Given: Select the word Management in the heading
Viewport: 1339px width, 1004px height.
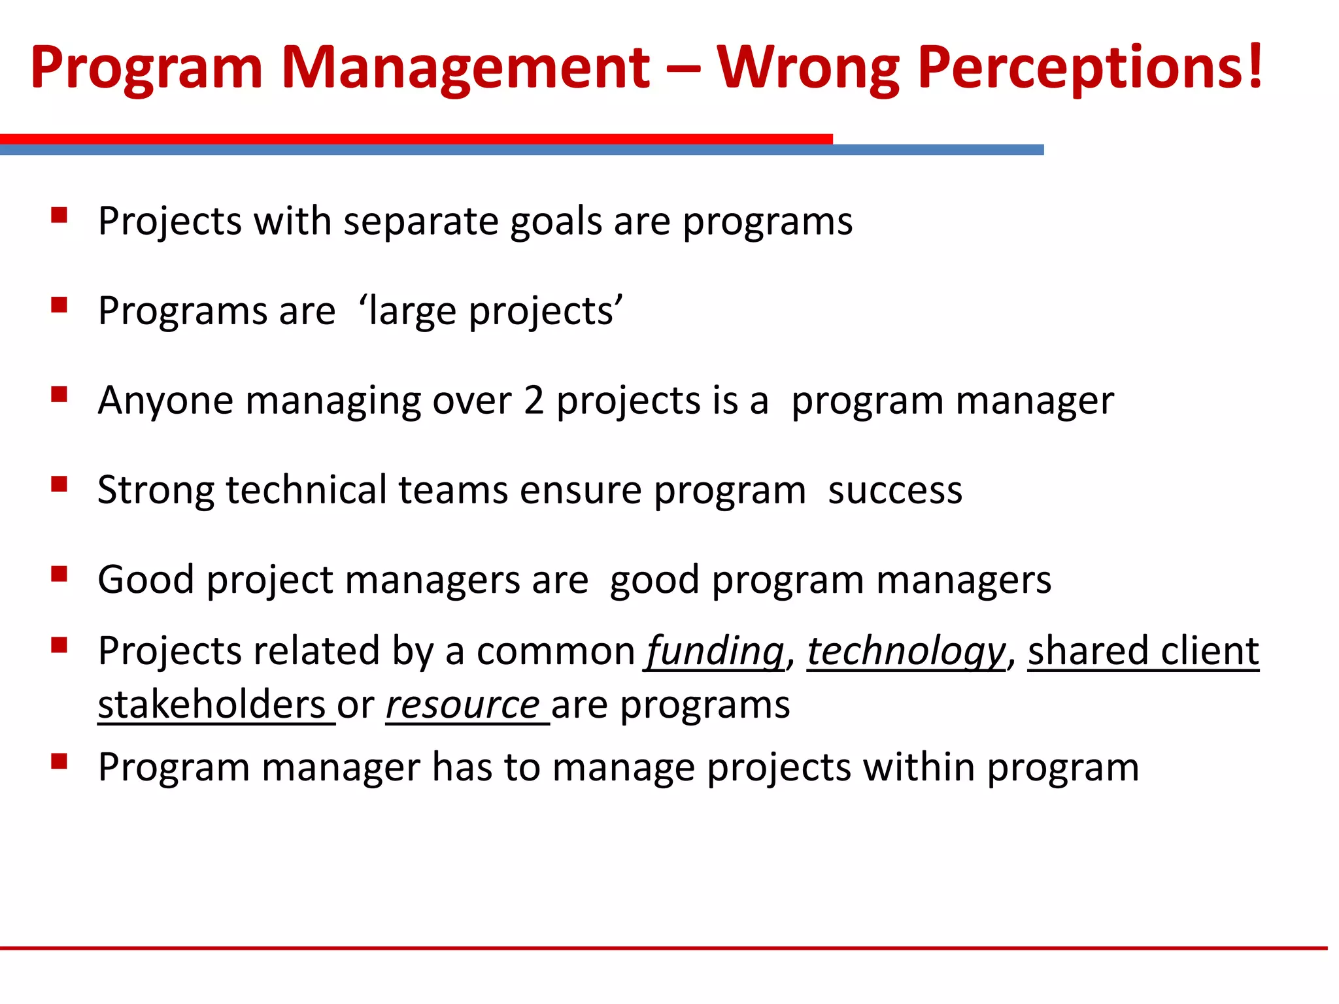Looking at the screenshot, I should coord(465,68).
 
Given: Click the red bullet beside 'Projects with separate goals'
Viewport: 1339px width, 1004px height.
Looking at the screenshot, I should coord(59,216).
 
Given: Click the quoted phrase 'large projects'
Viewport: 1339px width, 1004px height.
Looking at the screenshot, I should coord(491,310).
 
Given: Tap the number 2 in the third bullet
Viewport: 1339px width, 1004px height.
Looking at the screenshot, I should coord(534,400).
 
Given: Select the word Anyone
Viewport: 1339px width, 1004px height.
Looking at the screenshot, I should coord(165,400).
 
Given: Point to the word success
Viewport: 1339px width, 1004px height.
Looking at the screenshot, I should coord(895,491).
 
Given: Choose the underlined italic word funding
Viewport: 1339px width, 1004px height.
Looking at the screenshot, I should coord(715,652).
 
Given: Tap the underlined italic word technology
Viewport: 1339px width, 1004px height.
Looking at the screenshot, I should coord(906,652).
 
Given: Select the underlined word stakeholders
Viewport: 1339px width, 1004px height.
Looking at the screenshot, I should coord(212,705).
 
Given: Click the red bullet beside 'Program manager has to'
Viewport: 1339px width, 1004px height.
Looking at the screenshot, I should coord(59,761).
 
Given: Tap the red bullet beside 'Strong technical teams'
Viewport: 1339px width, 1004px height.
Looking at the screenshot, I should coord(59,484).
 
